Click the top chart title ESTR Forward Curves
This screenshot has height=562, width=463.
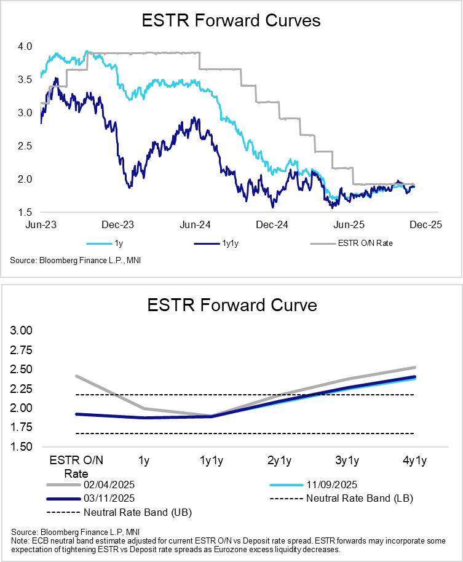(231, 21)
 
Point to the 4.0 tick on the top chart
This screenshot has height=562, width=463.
(25, 46)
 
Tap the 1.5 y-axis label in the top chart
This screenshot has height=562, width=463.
(25, 212)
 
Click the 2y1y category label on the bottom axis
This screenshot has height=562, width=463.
(279, 461)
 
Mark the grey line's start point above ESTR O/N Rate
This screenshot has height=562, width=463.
(76, 376)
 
